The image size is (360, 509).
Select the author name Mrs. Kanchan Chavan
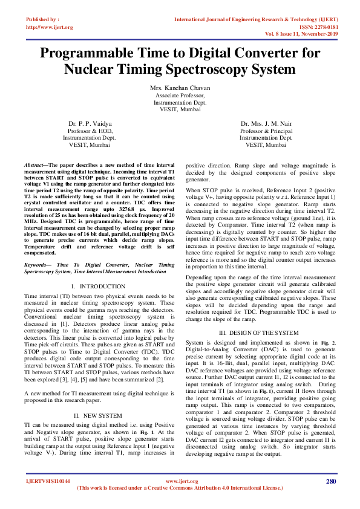coord(180,88)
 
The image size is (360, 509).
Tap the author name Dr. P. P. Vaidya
coord(90,123)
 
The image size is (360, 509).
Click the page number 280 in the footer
coord(330,481)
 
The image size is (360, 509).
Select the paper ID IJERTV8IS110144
coord(48,481)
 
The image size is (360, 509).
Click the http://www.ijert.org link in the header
coord(49,27)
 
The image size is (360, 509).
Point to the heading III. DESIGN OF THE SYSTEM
coord(259,333)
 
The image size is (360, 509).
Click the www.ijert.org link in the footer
coord(180,481)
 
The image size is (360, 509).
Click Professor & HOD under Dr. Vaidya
coord(90,131)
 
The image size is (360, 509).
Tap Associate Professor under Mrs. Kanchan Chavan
coord(180,96)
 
